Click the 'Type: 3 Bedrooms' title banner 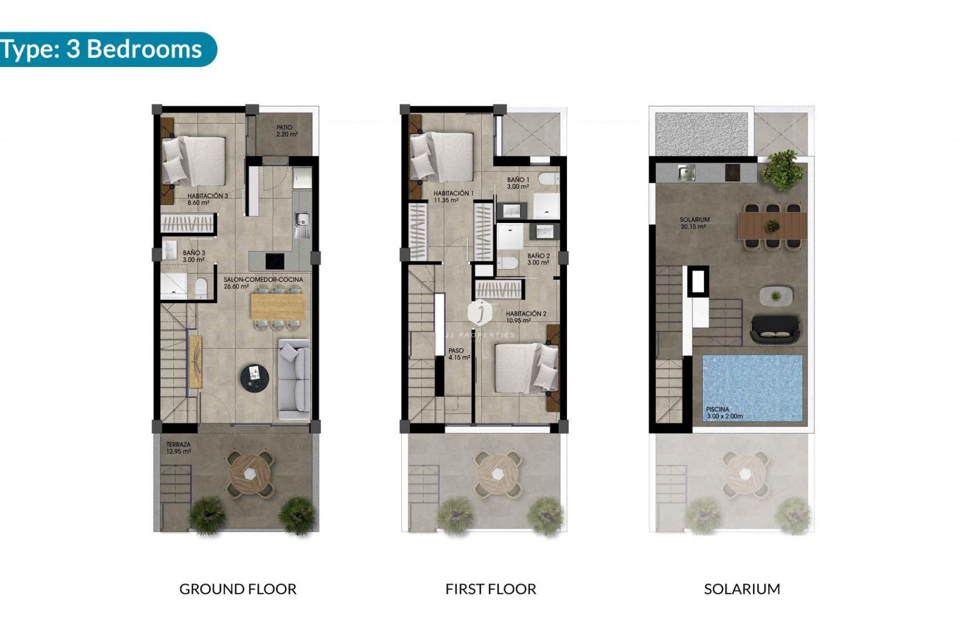point(102,49)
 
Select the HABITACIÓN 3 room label point(207,199)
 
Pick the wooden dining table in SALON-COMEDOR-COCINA point(277,305)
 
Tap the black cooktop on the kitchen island point(274,260)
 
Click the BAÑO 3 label point(193,256)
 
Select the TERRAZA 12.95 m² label point(178,447)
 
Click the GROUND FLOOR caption point(237,589)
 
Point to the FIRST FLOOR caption point(490,589)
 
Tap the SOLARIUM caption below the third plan point(741,589)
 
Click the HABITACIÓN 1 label point(453,196)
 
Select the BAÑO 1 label point(518,183)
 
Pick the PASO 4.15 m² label point(458,354)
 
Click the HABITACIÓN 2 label point(526,317)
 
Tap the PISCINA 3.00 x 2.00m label point(724,412)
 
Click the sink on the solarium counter point(684,173)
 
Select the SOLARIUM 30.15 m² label point(694,223)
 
